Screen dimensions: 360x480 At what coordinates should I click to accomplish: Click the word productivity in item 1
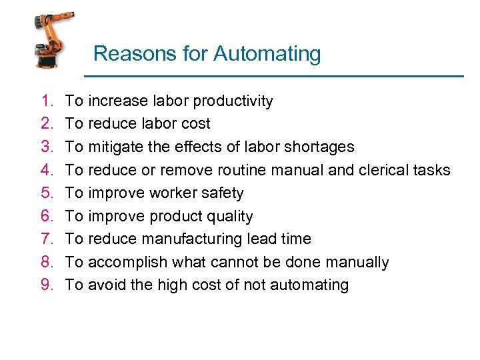[x=233, y=101]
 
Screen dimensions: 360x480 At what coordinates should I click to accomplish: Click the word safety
[x=223, y=193]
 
